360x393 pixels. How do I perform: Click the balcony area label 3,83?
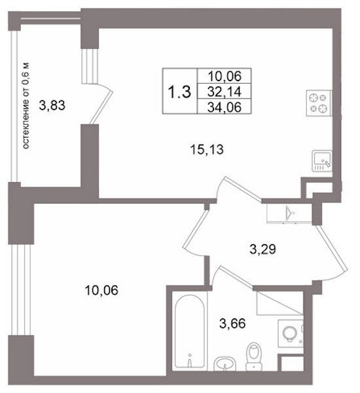pyautogui.click(x=52, y=105)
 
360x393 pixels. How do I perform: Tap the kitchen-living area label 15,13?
pyautogui.click(x=207, y=149)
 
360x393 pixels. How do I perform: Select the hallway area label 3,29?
pyautogui.click(x=262, y=249)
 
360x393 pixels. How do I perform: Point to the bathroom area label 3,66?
pyautogui.click(x=232, y=323)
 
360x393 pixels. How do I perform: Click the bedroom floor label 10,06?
pyautogui.click(x=101, y=290)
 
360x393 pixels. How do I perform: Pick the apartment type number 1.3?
pyautogui.click(x=179, y=92)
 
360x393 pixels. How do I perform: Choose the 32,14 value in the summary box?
pyautogui.click(x=225, y=92)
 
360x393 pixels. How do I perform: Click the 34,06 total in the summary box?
pyautogui.click(x=225, y=107)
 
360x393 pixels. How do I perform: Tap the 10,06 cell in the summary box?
pyautogui.click(x=225, y=76)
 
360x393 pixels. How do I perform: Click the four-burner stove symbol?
pyautogui.click(x=319, y=103)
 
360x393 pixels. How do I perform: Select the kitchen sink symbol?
pyautogui.click(x=322, y=161)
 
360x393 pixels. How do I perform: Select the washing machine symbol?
pyautogui.click(x=291, y=333)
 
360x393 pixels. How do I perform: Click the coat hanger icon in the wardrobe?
pyautogui.click(x=290, y=212)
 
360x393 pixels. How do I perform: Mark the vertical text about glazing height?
pyautogui.click(x=26, y=105)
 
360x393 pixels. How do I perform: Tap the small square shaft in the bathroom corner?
pyautogui.click(x=292, y=364)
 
